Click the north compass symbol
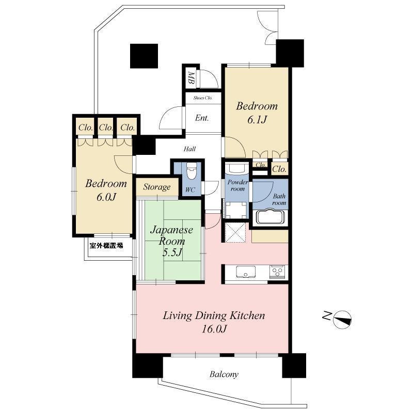pyautogui.click(x=342, y=320)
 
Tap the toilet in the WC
pyautogui.click(x=191, y=171)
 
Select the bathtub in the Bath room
pyautogui.click(x=270, y=217)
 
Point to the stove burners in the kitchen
pyautogui.click(x=277, y=271)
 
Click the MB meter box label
pyautogui.click(x=190, y=78)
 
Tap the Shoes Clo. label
pyautogui.click(x=203, y=98)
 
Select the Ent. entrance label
pyautogui.click(x=202, y=118)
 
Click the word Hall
pyautogui.click(x=189, y=149)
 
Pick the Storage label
pyautogui.click(x=157, y=187)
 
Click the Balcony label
pyautogui.click(x=224, y=374)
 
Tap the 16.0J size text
pyautogui.click(x=214, y=329)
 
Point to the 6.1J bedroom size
pyautogui.click(x=257, y=120)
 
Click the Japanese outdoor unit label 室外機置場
pyautogui.click(x=106, y=246)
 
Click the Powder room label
pyautogui.click(x=237, y=186)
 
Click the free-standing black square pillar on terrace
pyautogui.click(x=144, y=56)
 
